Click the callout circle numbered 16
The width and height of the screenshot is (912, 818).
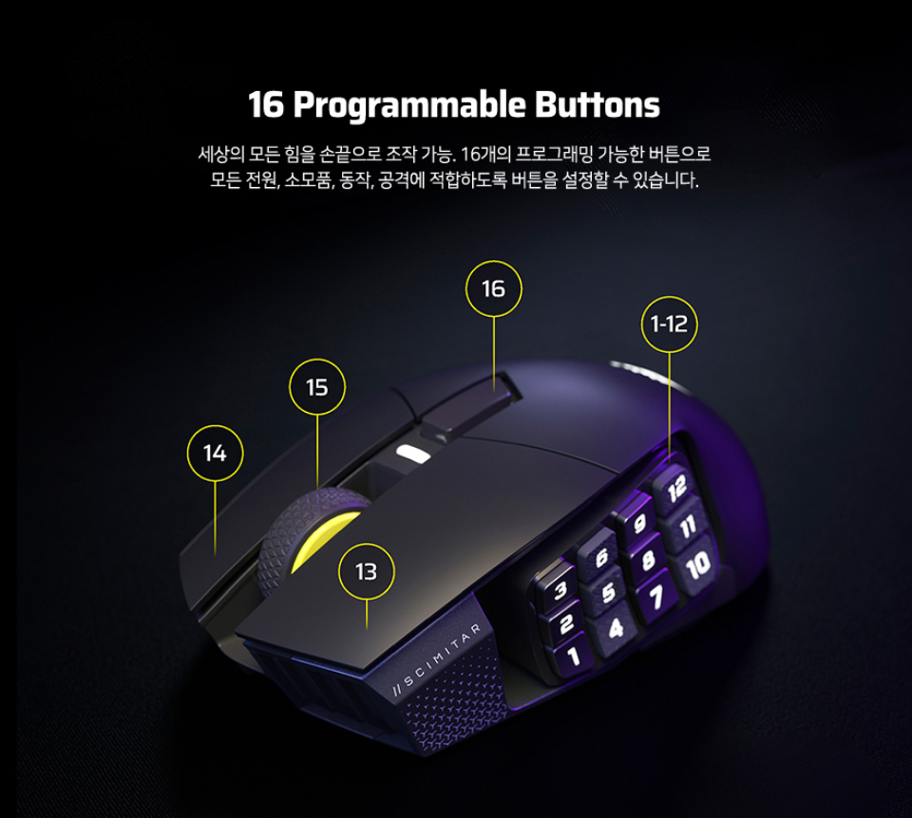click(494, 261)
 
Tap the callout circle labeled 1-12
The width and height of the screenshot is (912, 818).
click(670, 296)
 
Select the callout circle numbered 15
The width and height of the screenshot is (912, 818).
click(317, 359)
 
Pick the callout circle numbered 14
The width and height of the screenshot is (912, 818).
click(216, 425)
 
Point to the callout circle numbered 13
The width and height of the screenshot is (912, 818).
click(367, 544)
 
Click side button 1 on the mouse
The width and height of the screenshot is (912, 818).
click(573, 657)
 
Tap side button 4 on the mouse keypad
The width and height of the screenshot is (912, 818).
click(616, 628)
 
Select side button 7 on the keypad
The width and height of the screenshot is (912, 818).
click(655, 596)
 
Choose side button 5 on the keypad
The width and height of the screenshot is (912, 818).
click(608, 592)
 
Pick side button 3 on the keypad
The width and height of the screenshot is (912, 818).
click(560, 590)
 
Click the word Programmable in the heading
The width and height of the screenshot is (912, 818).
click(409, 105)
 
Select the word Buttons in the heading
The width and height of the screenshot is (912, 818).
click(598, 104)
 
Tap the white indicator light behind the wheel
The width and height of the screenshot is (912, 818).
click(413, 454)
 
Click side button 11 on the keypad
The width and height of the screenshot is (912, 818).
click(687, 527)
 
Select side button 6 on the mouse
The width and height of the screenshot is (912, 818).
click(599, 557)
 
